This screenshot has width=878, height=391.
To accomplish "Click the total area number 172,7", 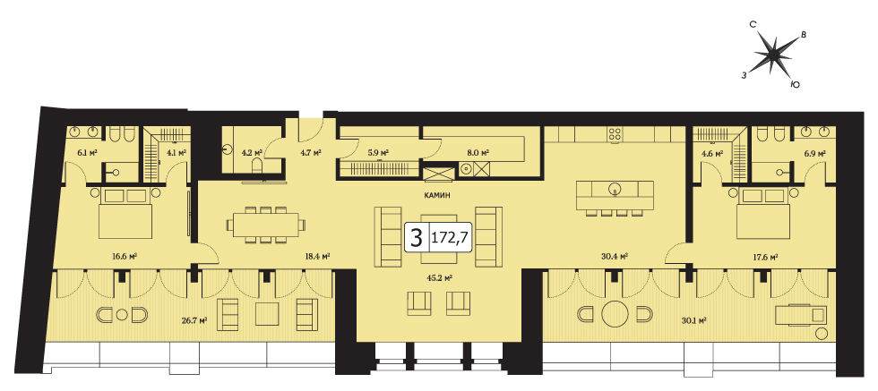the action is [450, 239].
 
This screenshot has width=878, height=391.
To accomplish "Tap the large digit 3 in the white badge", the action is [416, 238].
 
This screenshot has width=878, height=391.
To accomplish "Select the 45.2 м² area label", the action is [441, 277].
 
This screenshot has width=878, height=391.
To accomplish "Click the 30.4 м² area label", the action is [615, 257].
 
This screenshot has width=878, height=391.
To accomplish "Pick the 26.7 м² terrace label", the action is [196, 320].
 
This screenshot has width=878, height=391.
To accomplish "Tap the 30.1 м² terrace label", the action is [693, 320].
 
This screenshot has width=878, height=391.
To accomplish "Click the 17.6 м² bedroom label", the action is [766, 257].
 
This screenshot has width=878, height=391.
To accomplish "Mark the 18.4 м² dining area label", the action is [317, 257].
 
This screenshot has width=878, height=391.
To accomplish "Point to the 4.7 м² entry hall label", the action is [311, 152].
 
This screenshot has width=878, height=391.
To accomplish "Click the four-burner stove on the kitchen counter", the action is [615, 134].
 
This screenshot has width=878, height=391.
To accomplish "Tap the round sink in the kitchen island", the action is [615, 187].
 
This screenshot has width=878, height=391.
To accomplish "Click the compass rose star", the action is [773, 54].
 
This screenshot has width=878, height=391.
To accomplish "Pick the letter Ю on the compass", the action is [794, 84].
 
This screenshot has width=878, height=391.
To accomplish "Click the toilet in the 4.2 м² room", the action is [257, 166].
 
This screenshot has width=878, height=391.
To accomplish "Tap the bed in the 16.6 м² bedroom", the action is [125, 214].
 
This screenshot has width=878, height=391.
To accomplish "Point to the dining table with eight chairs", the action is [267, 225].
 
